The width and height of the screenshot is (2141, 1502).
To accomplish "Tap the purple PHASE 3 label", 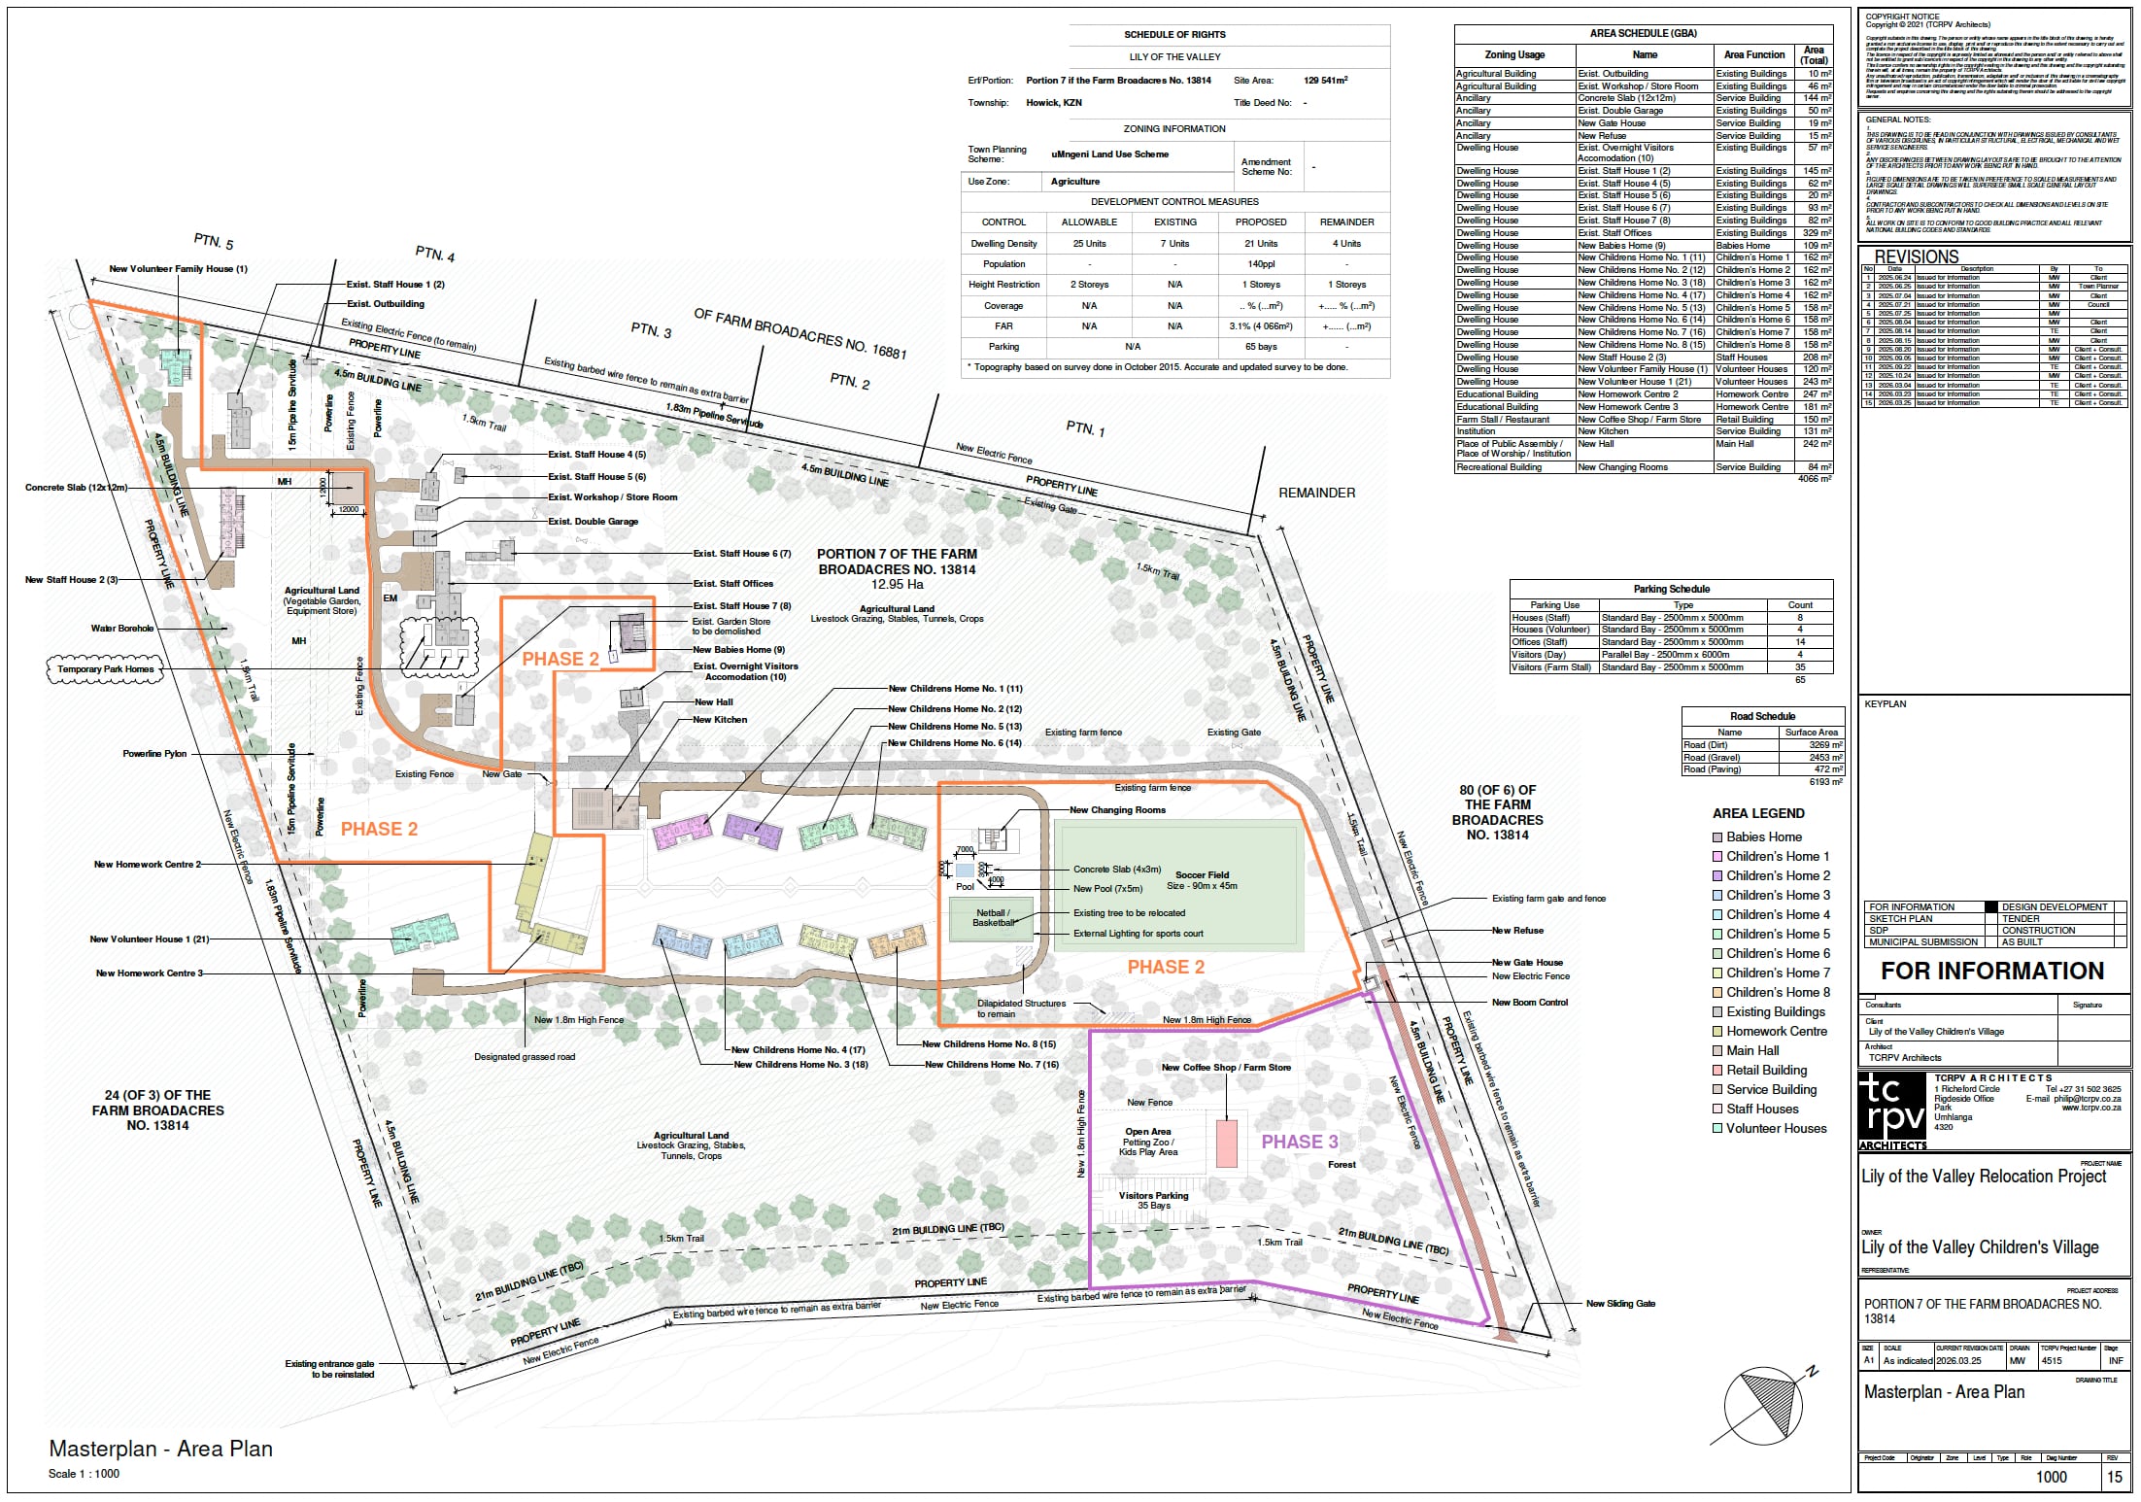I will (x=1299, y=1142).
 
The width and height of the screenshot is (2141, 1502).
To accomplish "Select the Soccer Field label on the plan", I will (x=1202, y=874).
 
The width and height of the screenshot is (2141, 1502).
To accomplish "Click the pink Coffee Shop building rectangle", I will (x=1226, y=1144).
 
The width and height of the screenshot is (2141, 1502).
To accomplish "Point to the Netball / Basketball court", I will (x=993, y=918).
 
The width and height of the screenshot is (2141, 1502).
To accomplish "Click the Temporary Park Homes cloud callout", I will (x=105, y=669).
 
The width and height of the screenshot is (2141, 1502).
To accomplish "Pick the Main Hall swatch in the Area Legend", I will (x=1716, y=1050).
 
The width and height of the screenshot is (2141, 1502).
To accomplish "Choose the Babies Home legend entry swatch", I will (x=1716, y=836).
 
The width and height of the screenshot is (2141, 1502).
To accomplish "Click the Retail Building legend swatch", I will (x=1716, y=1070).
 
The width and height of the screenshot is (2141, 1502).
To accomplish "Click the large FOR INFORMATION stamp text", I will (x=1991, y=971).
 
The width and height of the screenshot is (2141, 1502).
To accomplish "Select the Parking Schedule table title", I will (x=1671, y=589).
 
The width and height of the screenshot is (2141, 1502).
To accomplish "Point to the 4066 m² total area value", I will (x=1815, y=478).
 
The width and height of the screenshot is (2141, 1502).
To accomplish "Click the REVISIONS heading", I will (x=1916, y=257).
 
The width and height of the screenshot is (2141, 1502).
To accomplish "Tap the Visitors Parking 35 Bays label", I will (x=1153, y=1200).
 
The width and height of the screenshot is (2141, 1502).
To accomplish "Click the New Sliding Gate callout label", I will (x=1620, y=1303).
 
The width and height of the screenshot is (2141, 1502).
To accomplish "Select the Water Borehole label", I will (x=122, y=629).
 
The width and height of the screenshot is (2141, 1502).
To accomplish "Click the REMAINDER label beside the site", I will (x=1316, y=493).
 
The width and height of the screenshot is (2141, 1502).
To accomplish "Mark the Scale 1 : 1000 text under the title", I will (x=85, y=1474).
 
